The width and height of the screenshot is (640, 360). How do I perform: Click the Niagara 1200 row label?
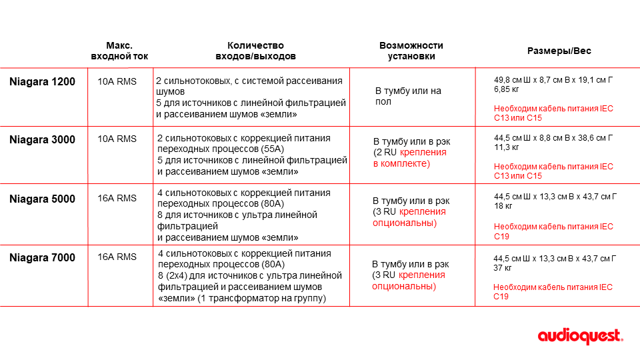tap(42, 82)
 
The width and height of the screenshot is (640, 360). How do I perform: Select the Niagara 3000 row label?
tap(42, 140)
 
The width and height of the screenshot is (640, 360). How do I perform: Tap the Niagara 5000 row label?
tap(42, 199)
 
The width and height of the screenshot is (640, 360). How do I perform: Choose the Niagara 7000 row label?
tap(42, 257)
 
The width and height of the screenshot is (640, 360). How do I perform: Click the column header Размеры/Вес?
tap(559, 51)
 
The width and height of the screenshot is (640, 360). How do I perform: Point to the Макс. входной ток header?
tap(119, 51)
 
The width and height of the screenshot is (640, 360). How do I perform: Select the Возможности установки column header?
tap(411, 51)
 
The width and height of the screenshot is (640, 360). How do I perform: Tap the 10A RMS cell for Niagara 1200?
tap(117, 82)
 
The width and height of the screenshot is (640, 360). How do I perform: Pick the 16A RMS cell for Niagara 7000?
tap(117, 257)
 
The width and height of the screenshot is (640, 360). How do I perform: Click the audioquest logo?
tap(580, 337)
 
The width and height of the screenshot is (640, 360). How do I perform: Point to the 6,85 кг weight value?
tap(507, 89)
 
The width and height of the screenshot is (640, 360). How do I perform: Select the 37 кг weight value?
tap(503, 268)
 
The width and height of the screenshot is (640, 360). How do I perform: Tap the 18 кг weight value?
tap(503, 207)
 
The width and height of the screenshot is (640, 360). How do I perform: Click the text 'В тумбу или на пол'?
tap(408, 96)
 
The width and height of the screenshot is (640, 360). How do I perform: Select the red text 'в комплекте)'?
tap(401, 163)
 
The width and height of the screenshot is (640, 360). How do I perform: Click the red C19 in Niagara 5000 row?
tap(501, 236)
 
